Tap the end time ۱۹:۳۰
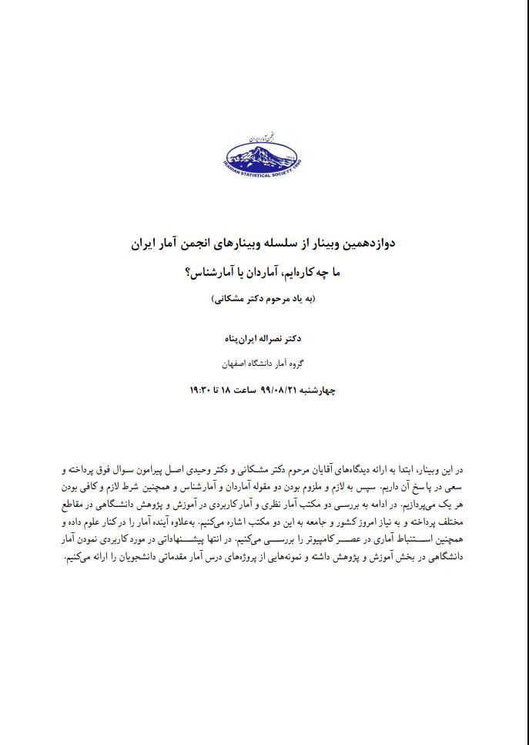200,390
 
